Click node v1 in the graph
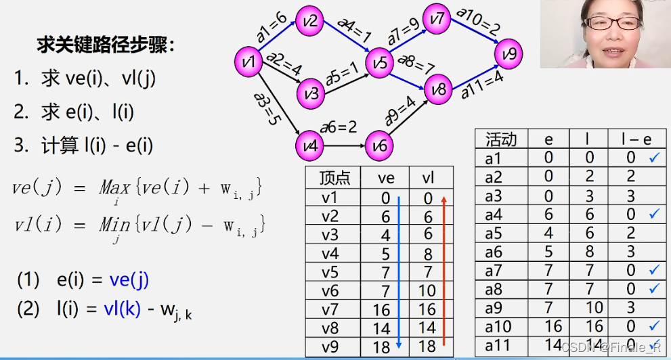[x=248, y=62]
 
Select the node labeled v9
[x=509, y=53]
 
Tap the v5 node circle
[x=380, y=64]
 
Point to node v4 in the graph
[x=310, y=145]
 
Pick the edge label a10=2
[x=478, y=22]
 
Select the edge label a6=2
[x=339, y=127]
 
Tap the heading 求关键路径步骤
[x=105, y=46]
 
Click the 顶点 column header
[x=334, y=178]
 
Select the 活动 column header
[x=501, y=139]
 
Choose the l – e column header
[x=636, y=139]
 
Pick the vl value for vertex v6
[x=427, y=292]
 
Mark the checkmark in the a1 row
[x=654, y=158]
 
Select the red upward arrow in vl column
[x=443, y=271]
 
